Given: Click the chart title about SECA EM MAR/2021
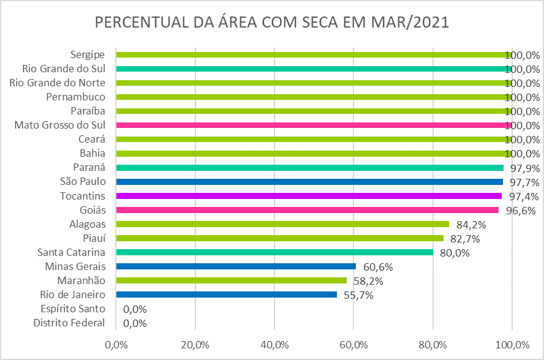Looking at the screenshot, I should pyautogui.click(x=272, y=23).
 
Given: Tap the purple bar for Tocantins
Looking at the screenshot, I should pyautogui.click(x=309, y=196).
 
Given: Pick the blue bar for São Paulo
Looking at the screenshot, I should pyautogui.click(x=309, y=182).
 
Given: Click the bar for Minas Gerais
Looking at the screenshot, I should pyautogui.click(x=236, y=266).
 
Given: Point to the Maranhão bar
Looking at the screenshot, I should pyautogui.click(x=231, y=280).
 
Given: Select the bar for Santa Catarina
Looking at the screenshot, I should pyautogui.click(x=274, y=252).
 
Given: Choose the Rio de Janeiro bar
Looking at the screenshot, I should pyautogui.click(x=226, y=294).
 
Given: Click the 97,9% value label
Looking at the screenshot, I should pyautogui.click(x=523, y=168).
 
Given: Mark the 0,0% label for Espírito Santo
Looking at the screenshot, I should pyautogui.click(x=135, y=309).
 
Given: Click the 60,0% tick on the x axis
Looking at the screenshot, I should pyautogui.click(x=353, y=344).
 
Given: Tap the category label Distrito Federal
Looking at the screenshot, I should pyautogui.click(x=69, y=323).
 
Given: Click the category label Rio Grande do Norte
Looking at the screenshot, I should pyautogui.click(x=58, y=83).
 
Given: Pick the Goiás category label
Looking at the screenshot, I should pyautogui.click(x=91, y=210).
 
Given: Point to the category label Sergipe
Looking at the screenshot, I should pyautogui.click(x=88, y=54).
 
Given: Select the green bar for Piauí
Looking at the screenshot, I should pyautogui.click(x=279, y=238).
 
